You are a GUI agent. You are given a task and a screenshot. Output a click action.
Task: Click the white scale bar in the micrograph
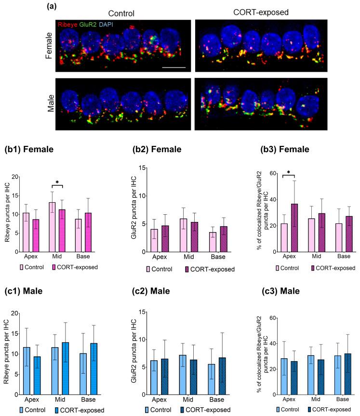click(x=174, y=67)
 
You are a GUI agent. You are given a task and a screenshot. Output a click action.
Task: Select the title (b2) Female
click(x=157, y=149)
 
